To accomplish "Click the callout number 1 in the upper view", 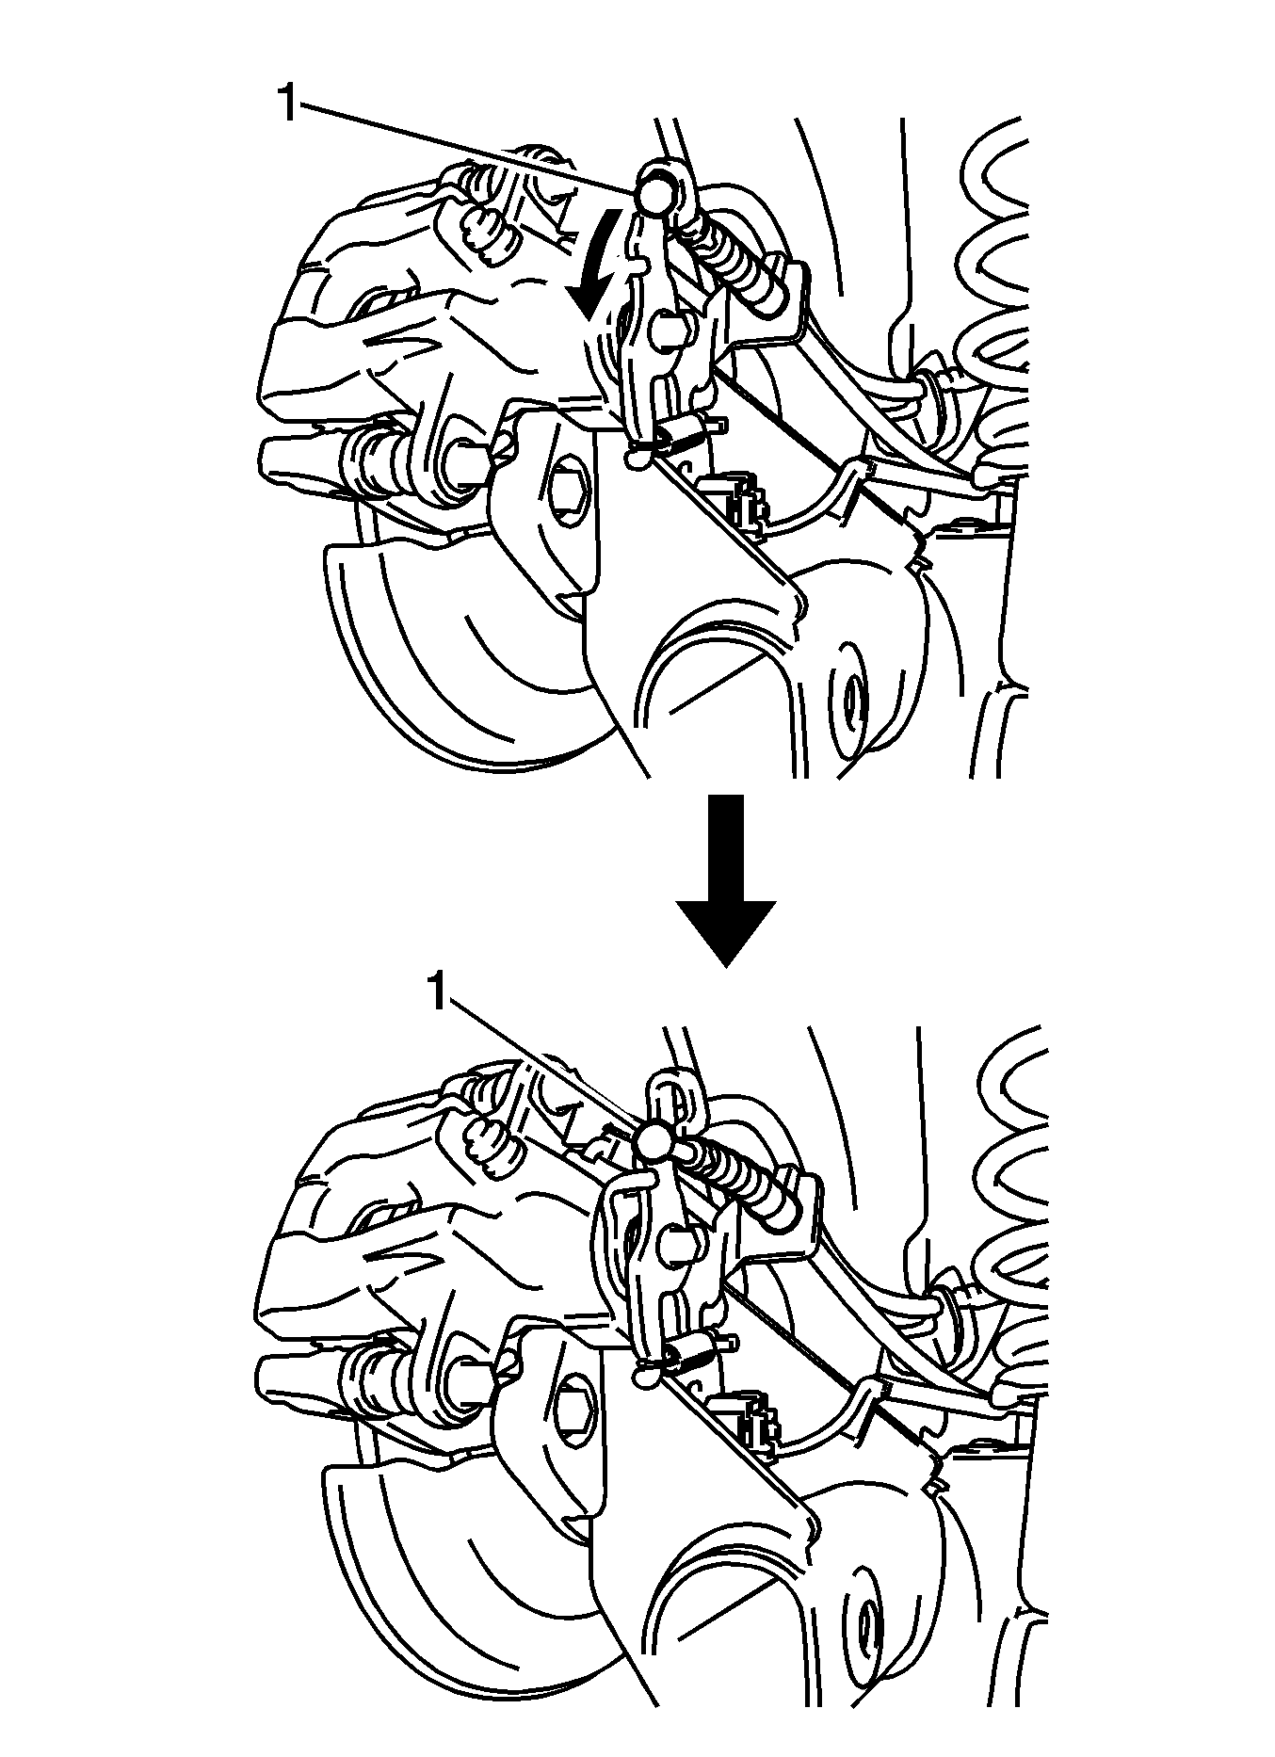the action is [287, 103].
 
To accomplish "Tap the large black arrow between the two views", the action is [726, 879].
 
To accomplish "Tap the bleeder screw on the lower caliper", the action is [491, 1142].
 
